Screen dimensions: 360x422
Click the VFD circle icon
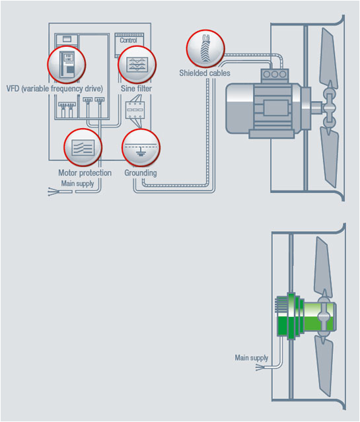[67, 65]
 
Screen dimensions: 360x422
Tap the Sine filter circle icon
[137, 65]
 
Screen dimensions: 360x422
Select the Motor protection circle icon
[83, 147]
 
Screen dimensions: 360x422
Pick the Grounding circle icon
[141, 147]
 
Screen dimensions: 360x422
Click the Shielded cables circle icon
[205, 48]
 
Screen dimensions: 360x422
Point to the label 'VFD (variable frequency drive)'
[55, 88]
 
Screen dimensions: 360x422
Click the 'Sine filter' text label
[136, 88]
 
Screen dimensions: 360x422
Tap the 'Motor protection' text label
[85, 173]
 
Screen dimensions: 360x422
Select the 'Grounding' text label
[141, 173]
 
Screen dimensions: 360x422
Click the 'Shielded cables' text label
[205, 73]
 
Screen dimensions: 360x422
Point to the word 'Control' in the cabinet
[128, 40]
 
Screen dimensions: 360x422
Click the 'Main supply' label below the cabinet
[77, 184]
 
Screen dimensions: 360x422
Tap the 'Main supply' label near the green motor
[252, 358]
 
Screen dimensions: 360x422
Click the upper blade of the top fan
[328, 58]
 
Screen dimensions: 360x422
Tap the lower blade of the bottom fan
[323, 365]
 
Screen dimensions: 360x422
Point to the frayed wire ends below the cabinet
[52, 192]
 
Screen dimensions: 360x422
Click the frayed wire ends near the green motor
[260, 367]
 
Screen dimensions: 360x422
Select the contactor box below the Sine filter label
[135, 110]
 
